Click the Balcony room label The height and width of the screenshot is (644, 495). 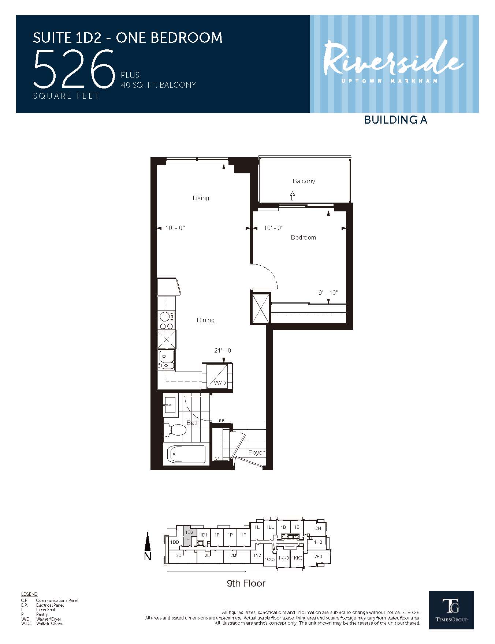(x=304, y=181)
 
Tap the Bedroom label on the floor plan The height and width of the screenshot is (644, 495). (x=303, y=237)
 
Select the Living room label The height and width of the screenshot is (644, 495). (x=201, y=198)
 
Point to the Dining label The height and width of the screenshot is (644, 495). (x=205, y=320)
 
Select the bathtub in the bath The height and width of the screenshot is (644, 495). (x=186, y=454)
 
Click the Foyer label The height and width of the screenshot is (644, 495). (x=256, y=452)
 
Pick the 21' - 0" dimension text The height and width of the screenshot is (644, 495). (x=224, y=350)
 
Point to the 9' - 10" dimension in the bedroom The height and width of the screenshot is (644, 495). (x=328, y=293)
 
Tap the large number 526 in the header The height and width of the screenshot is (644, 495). (x=74, y=69)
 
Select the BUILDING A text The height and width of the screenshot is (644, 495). (x=395, y=120)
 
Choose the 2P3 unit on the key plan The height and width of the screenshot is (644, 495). (x=318, y=557)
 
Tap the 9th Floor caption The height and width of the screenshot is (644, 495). (x=246, y=583)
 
